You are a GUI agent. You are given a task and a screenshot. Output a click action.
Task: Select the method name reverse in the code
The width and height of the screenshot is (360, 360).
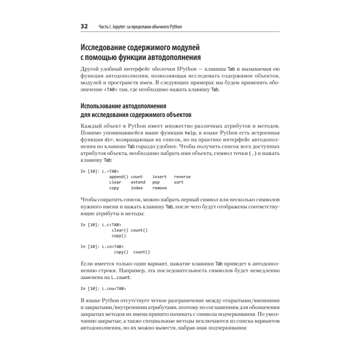(182, 177)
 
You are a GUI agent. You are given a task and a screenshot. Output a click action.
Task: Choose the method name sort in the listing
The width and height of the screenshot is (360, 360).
(179, 182)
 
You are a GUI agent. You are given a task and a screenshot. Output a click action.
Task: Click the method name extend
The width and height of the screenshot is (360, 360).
(138, 182)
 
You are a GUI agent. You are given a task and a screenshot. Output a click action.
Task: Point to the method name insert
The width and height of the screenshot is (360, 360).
(159, 177)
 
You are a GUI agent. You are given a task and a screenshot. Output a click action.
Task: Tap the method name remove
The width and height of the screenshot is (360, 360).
(159, 188)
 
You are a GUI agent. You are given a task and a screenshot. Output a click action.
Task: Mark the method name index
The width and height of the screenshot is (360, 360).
(137, 188)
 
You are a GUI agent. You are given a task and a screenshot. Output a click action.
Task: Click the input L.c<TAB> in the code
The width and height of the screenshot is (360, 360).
(112, 225)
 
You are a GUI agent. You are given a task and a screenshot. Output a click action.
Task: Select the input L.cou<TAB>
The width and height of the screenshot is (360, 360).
(114, 288)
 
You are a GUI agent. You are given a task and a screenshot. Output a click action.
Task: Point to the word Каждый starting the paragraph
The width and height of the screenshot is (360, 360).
(91, 126)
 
